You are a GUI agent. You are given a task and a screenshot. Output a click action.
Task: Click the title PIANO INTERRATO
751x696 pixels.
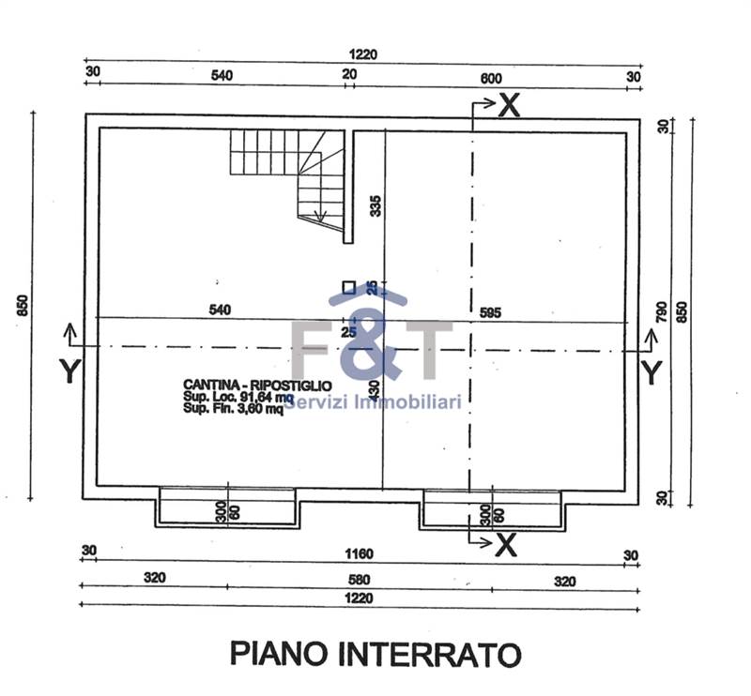point(375,653)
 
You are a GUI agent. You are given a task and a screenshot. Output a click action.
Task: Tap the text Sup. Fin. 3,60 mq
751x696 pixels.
point(232,408)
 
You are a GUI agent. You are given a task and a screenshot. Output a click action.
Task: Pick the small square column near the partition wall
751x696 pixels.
point(348,288)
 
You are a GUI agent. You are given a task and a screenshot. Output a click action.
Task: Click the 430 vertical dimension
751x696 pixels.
point(375,389)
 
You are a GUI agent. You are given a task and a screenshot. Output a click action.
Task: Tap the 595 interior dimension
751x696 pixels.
point(494,310)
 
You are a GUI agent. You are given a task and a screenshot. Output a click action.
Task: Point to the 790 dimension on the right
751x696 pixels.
point(663,310)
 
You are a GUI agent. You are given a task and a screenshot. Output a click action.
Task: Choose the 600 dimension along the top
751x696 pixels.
point(490,78)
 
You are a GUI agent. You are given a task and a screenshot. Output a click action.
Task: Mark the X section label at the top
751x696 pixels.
point(508,106)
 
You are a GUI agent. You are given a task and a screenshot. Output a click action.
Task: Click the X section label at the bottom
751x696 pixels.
point(505,543)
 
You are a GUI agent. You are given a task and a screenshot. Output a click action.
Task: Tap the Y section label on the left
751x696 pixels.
point(69,372)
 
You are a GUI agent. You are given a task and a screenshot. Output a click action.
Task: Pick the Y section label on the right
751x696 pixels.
point(651,372)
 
